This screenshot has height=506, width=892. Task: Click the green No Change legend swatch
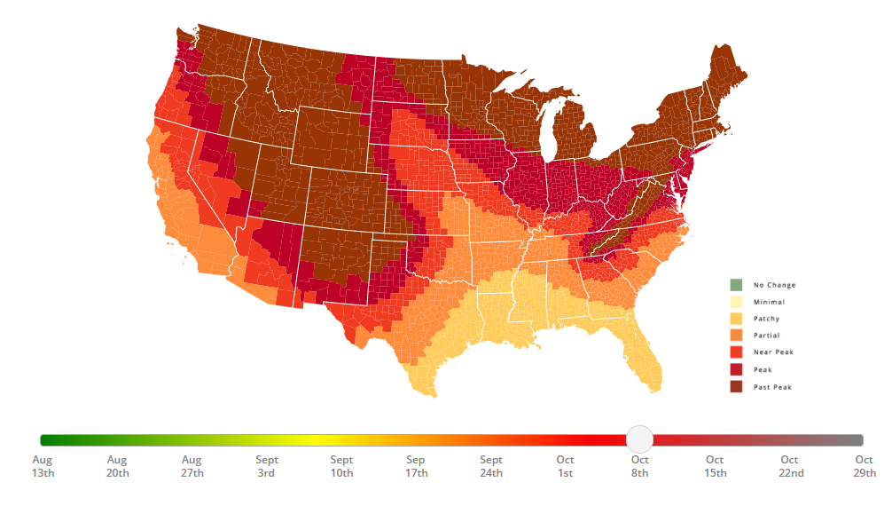tap(735, 285)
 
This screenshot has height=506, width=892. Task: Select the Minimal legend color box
tap(735, 302)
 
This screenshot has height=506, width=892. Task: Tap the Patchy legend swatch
tap(735, 319)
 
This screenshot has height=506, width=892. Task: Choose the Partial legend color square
tap(735, 336)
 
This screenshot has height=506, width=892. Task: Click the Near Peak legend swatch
tap(735, 352)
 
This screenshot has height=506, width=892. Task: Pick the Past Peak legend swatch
tap(735, 387)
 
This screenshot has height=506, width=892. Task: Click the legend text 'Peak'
tap(762, 370)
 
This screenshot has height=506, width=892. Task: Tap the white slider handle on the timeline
tap(639, 439)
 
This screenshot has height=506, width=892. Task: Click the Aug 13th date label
tap(43, 466)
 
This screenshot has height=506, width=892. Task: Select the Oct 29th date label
tap(865, 466)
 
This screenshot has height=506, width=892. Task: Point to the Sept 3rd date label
tap(266, 466)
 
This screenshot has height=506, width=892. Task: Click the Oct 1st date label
tap(565, 466)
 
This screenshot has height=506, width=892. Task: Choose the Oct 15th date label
tap(715, 466)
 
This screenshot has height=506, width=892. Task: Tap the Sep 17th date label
tap(416, 466)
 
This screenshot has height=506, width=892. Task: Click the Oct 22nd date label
tap(789, 466)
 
